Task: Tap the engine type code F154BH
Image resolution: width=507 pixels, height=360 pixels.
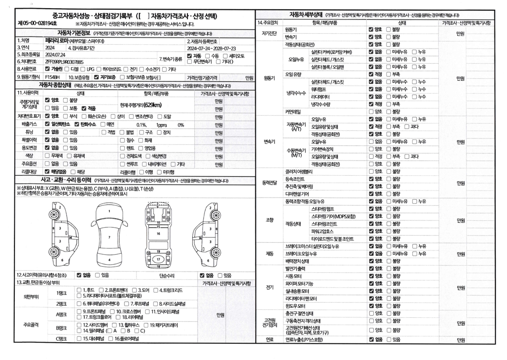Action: coord(53,76)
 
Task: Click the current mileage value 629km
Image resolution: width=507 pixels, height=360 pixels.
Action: coord(152,105)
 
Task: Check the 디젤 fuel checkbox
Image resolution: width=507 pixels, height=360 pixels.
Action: coord(69,69)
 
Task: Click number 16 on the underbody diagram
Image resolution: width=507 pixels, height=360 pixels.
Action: coord(159,234)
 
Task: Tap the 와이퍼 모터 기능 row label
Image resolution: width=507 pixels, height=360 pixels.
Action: coord(300,283)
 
